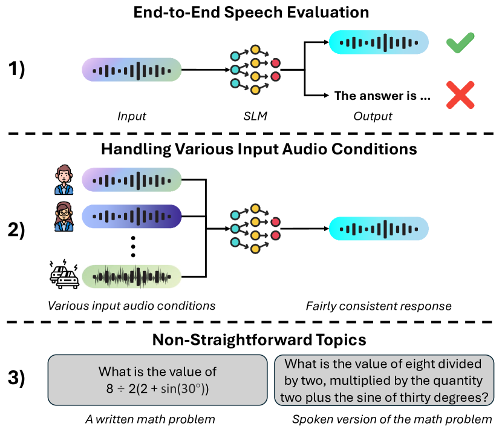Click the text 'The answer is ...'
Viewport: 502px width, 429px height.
click(x=382, y=95)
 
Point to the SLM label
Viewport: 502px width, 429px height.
click(x=255, y=116)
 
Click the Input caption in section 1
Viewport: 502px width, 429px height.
click(x=131, y=116)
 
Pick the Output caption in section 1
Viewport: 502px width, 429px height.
click(x=374, y=116)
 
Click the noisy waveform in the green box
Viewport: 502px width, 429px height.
click(x=132, y=277)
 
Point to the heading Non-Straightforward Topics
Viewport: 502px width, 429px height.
click(x=251, y=339)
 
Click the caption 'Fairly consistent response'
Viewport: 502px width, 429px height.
click(x=378, y=306)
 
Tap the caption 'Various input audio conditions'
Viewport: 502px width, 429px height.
click(x=132, y=306)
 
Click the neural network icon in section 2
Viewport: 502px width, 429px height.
click(x=255, y=229)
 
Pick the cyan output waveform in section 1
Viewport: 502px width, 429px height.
click(x=379, y=42)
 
